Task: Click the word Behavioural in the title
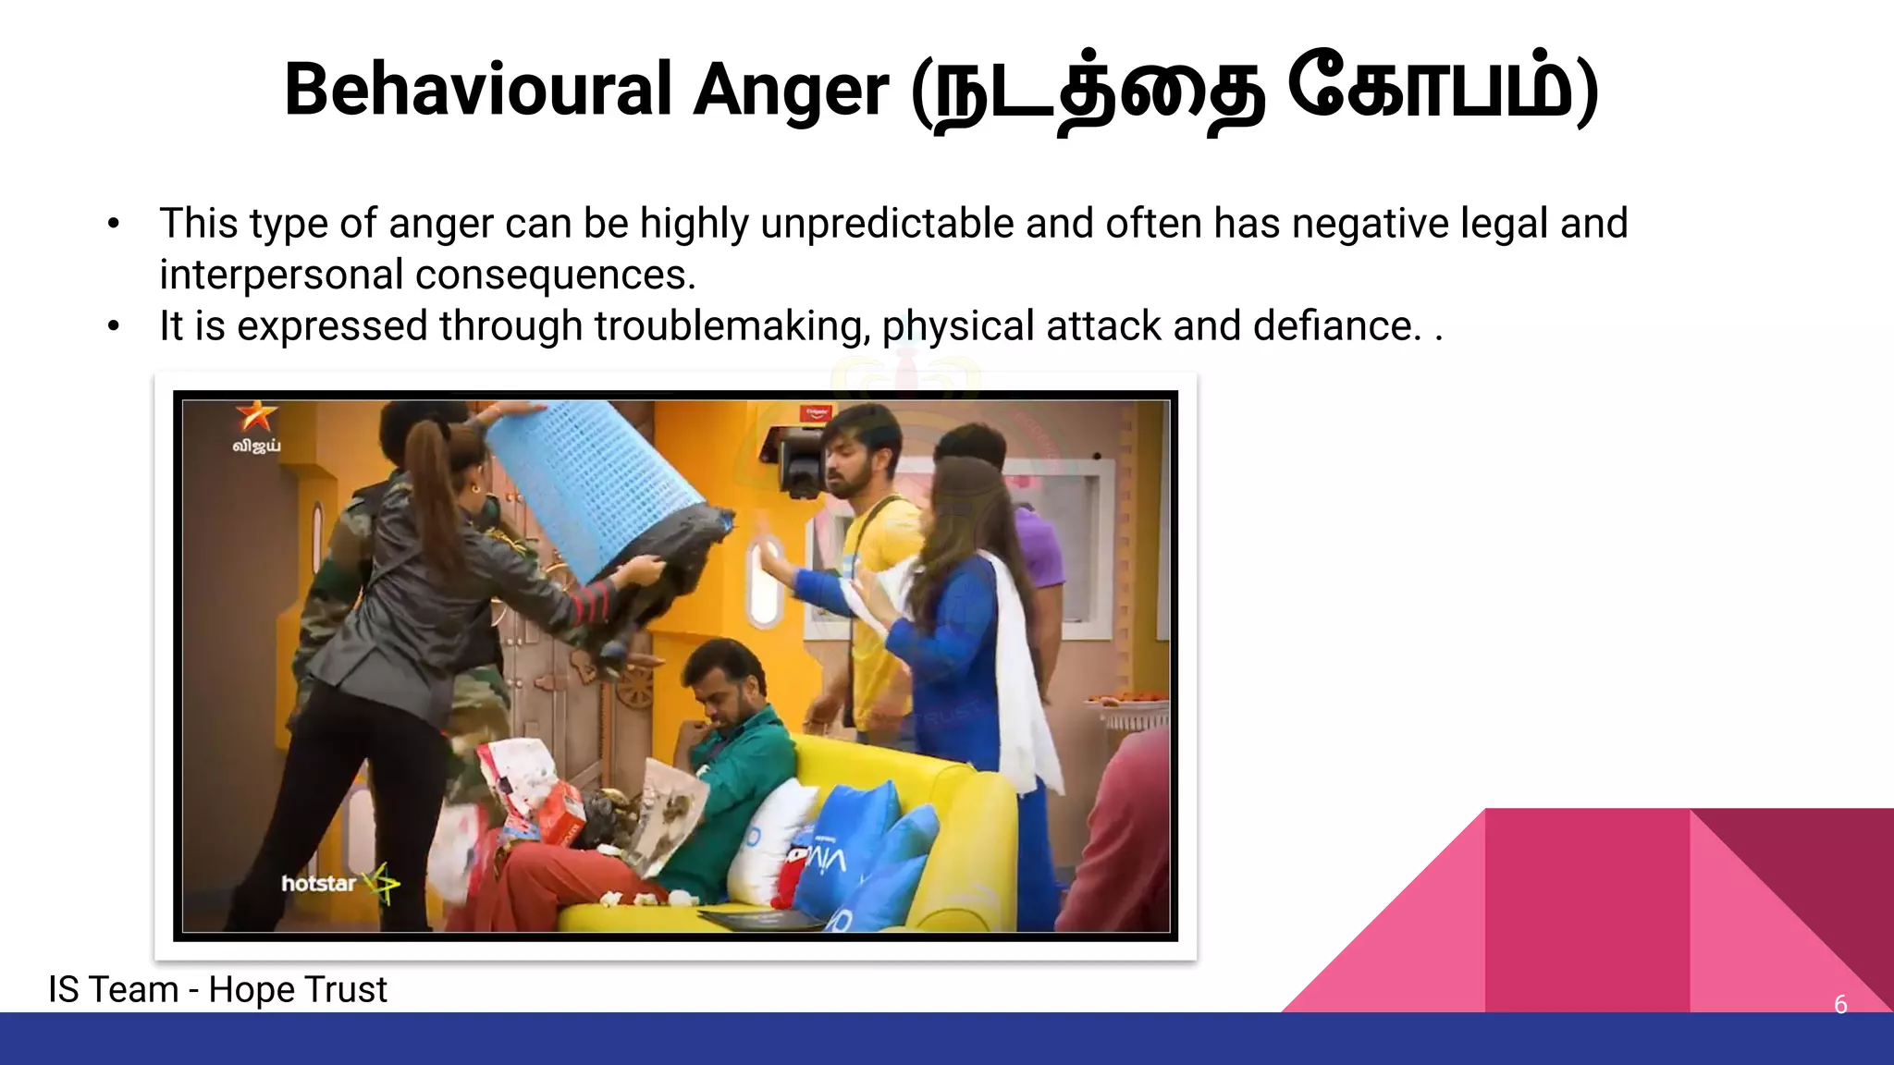pos(477,91)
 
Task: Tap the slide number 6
pos(1840,1005)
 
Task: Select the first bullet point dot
pos(114,224)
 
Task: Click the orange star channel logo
pos(255,417)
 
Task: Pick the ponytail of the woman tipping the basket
pos(435,490)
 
